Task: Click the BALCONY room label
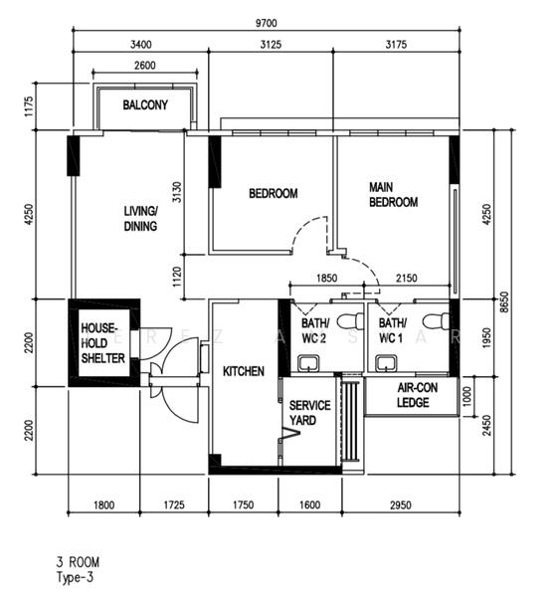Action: (145, 105)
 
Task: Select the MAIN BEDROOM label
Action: (393, 194)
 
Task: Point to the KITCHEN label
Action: (243, 371)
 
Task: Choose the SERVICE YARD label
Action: (302, 414)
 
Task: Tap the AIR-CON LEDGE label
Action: (412, 396)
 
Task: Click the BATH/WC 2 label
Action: (314, 330)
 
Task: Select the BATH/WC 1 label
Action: (392, 330)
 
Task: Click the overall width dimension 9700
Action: (265, 21)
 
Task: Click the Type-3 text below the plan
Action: (77, 576)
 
